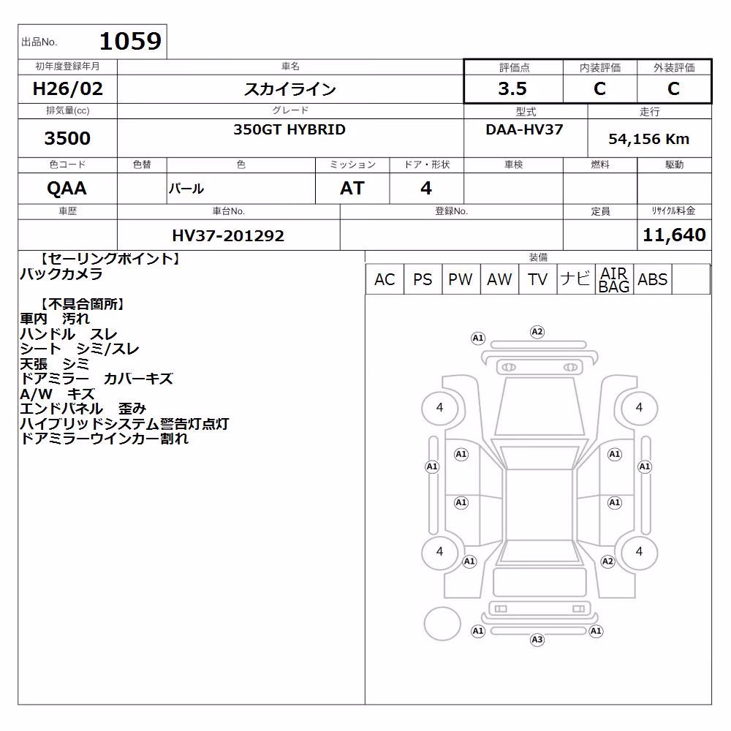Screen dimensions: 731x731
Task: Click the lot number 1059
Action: pos(131,41)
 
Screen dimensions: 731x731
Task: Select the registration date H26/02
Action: pos(67,88)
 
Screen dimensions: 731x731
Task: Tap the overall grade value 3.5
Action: pos(512,88)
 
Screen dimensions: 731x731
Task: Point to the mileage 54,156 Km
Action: pos(648,139)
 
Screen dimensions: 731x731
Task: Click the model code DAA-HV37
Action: pos(524,129)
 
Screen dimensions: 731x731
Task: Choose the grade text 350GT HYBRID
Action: pos(289,129)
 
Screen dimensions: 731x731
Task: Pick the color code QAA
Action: pos(67,189)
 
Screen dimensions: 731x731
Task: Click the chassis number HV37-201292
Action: pos(228,235)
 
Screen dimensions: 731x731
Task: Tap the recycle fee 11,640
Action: pos(674,235)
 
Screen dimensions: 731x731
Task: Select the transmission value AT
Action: pos(352,189)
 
